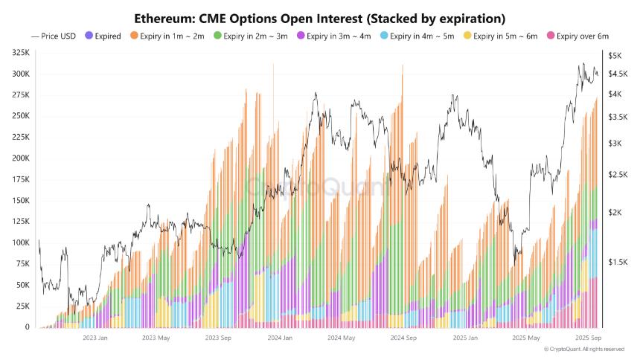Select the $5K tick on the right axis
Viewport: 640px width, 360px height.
(x=615, y=56)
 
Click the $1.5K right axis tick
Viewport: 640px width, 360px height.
(x=618, y=262)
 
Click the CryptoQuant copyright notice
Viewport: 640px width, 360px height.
(x=583, y=349)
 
